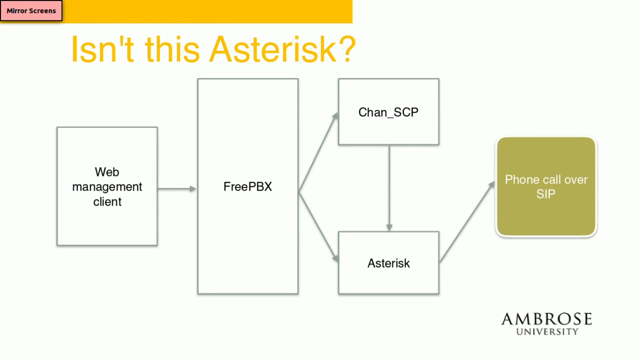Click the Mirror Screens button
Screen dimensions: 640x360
pyautogui.click(x=31, y=10)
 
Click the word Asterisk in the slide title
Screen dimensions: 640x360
pyautogui.click(x=272, y=49)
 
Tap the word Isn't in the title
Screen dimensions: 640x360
pyautogui.click(x=102, y=49)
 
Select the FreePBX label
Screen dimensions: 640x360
pyautogui.click(x=247, y=186)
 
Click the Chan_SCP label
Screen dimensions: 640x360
pyautogui.click(x=388, y=112)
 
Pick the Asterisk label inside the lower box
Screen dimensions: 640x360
pyautogui.click(x=388, y=263)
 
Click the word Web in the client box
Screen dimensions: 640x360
pyautogui.click(x=107, y=172)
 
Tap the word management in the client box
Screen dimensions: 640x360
pyautogui.click(x=107, y=187)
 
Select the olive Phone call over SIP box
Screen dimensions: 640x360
pyautogui.click(x=546, y=186)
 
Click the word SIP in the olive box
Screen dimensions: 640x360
pyautogui.click(x=546, y=194)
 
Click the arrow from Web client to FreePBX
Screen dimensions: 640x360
pyautogui.click(x=177, y=188)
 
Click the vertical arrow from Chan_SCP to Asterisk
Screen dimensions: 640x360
pyautogui.click(x=389, y=188)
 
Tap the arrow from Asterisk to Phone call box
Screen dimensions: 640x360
pyautogui.click(x=467, y=221)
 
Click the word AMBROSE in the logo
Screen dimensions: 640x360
pyautogui.click(x=547, y=319)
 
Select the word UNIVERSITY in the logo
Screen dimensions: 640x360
pyautogui.click(x=547, y=331)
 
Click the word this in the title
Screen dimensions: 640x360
pyautogui.click(x=172, y=49)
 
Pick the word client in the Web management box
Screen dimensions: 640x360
pyautogui.click(x=107, y=201)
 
